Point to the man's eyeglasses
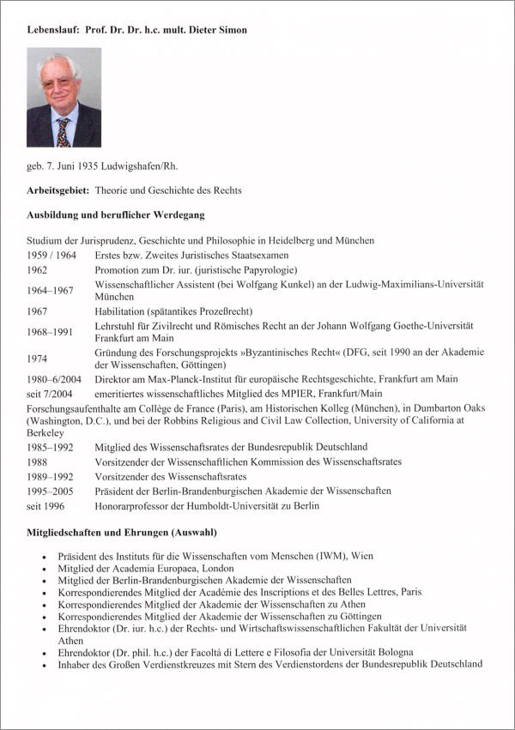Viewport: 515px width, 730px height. click(59, 82)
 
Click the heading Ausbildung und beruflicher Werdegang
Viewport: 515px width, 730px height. click(115, 214)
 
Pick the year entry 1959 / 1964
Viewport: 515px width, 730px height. click(51, 255)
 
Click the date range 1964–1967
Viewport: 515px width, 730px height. click(51, 290)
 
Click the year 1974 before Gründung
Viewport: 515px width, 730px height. click(39, 359)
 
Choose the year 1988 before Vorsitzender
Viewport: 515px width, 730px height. click(39, 462)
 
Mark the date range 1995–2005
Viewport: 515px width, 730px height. click(51, 491)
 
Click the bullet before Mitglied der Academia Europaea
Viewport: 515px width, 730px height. click(45, 569)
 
